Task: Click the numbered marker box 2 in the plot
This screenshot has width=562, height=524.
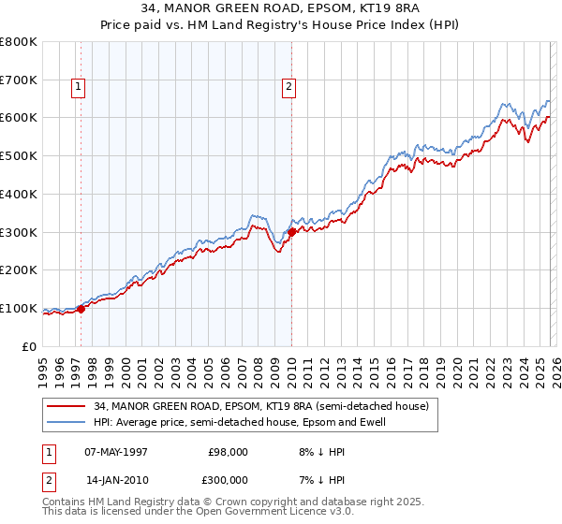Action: [288, 87]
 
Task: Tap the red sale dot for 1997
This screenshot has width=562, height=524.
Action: [81, 308]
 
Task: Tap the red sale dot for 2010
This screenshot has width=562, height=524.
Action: [291, 231]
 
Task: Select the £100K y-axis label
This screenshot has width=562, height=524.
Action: [19, 308]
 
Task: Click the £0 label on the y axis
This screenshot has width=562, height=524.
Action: [28, 346]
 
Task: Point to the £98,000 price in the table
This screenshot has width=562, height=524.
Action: [228, 451]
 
